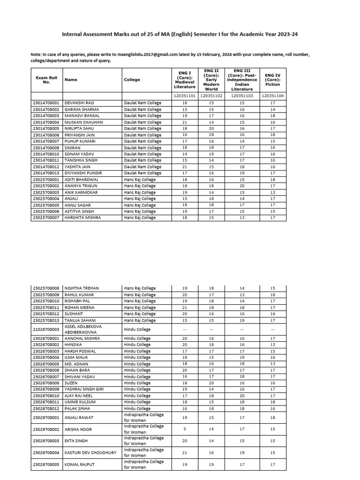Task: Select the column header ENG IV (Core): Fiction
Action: pyautogui.click(x=272, y=79)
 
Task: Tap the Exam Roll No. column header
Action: pyautogui.click(x=46, y=79)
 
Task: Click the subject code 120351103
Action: pyautogui.click(x=242, y=96)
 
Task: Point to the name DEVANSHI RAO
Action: pyautogui.click(x=80, y=103)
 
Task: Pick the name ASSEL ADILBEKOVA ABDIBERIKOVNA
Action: pyautogui.click(x=83, y=329)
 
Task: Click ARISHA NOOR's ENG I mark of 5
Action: pyautogui.click(x=184, y=429)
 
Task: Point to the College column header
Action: pyautogui.click(x=132, y=80)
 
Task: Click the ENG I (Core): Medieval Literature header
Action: pyautogui.click(x=184, y=79)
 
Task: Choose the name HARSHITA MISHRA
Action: pyautogui.click(x=82, y=217)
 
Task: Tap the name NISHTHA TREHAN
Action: pyautogui.click(x=82, y=288)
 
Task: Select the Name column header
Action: pyautogui.click(x=71, y=80)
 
